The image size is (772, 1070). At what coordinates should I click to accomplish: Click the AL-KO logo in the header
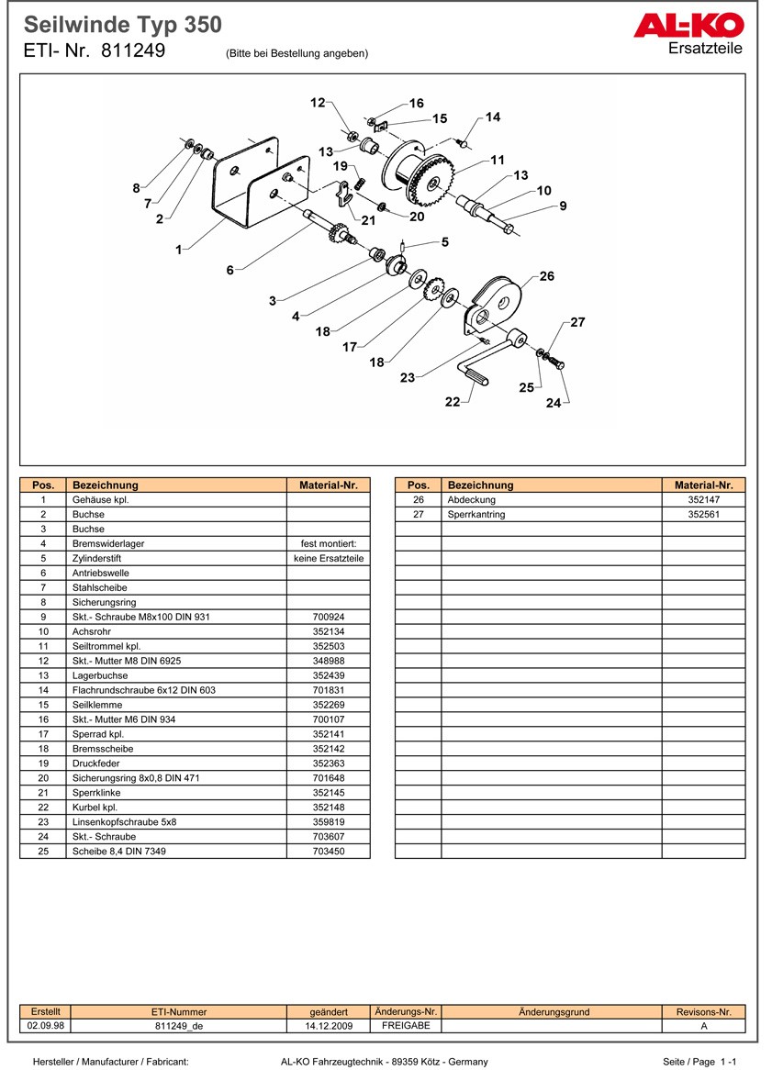688,27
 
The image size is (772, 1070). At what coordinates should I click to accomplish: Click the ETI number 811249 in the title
133,51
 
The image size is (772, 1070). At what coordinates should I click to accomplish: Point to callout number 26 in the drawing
547,276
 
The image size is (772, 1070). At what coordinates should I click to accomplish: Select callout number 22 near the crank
453,402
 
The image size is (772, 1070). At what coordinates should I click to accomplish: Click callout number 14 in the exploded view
493,117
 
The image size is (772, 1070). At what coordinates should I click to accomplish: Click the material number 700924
329,617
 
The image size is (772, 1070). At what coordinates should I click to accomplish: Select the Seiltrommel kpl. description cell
106,646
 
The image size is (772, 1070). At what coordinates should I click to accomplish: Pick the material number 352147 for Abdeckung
703,500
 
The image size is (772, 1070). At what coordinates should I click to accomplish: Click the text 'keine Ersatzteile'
329,558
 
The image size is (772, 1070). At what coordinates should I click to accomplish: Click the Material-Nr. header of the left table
329,485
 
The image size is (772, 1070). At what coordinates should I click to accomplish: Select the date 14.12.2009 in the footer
329,1026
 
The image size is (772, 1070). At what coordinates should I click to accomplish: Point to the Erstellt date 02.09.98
45,1026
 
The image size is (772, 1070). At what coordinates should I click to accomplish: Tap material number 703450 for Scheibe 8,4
329,852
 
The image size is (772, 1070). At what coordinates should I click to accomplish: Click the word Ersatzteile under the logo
706,49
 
